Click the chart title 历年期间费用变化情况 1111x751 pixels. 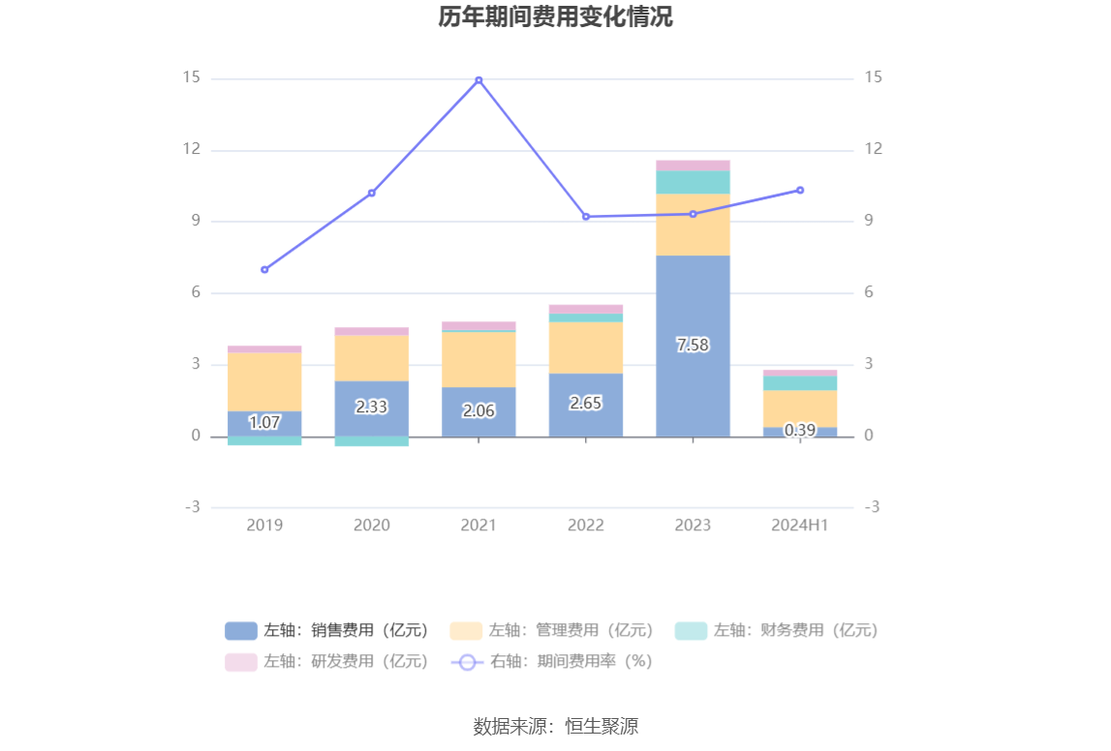(x=555, y=17)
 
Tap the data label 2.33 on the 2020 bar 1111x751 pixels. (x=371, y=407)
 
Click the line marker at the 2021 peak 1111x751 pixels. (x=478, y=80)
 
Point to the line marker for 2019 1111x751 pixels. (x=264, y=269)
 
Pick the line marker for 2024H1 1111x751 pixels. (x=800, y=190)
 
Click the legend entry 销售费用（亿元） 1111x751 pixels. (x=327, y=631)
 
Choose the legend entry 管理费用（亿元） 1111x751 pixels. (x=553, y=631)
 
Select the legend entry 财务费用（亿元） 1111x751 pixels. (x=777, y=631)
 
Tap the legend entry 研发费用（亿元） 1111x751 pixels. (x=327, y=662)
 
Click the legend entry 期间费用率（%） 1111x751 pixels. (x=552, y=662)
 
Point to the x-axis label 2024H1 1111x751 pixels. (x=800, y=525)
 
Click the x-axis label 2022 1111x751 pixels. (x=586, y=525)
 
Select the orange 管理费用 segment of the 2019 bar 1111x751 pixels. (x=264, y=381)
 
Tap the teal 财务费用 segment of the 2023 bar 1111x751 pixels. (x=693, y=182)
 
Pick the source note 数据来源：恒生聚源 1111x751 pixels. (x=555, y=726)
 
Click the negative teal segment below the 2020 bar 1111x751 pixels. (x=371, y=441)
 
